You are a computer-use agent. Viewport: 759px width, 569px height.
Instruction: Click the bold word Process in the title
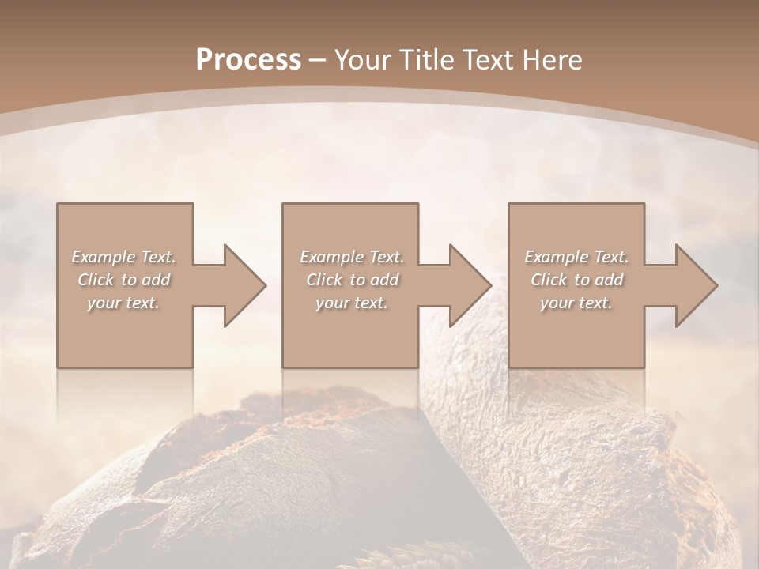(248, 59)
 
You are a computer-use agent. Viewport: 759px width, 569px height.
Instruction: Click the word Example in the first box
(103, 257)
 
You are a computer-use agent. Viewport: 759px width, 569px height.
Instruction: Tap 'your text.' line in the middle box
(351, 303)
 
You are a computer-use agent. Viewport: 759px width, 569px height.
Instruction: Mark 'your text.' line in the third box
(576, 303)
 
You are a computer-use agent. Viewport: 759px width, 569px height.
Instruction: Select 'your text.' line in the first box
(123, 303)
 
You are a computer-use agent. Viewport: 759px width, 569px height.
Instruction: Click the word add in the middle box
(383, 280)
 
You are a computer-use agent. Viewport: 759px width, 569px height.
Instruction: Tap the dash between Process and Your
(318, 60)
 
